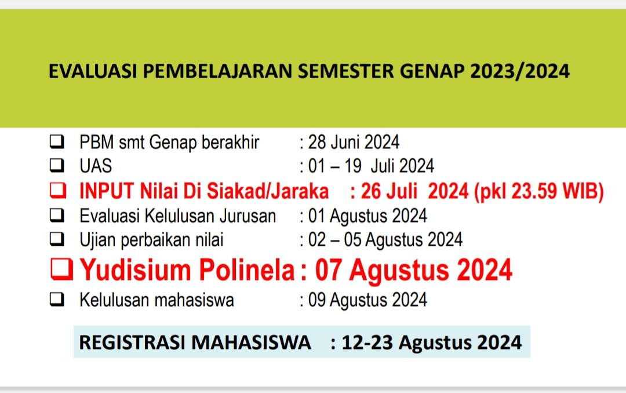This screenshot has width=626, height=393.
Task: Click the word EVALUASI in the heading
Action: coord(93,71)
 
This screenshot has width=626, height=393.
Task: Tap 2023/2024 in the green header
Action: coord(519,71)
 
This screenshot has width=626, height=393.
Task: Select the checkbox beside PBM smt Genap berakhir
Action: coord(57,142)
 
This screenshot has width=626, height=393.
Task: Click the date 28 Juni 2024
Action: coord(354,142)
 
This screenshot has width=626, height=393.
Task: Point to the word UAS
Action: coord(96,166)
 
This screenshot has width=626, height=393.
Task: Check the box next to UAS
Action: coord(57,165)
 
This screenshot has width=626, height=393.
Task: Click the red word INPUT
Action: coord(106,191)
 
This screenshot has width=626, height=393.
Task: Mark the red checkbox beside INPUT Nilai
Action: coord(58,191)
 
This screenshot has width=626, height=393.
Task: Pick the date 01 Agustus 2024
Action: coord(367,216)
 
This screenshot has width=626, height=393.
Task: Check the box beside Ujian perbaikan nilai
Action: coord(57,239)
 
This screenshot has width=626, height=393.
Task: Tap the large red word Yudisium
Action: coord(136,270)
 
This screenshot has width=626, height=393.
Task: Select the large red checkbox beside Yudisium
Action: coord(62,269)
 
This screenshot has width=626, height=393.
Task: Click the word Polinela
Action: coord(247,270)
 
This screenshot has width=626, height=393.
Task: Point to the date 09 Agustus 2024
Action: coord(367,300)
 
